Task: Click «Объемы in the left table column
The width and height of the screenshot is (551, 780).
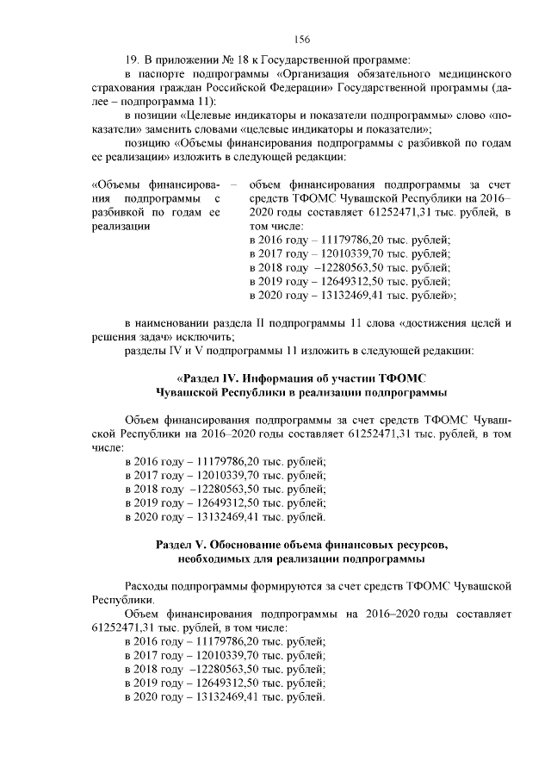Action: point(115,184)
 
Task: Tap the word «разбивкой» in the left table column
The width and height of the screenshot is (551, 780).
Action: point(116,212)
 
